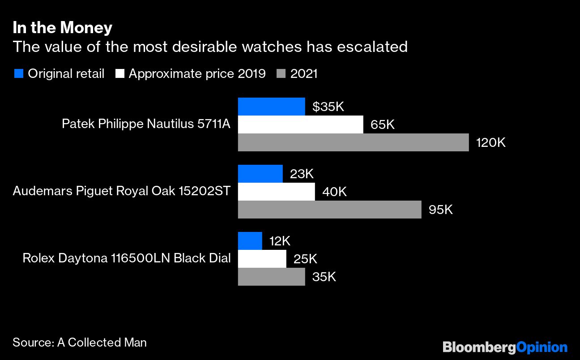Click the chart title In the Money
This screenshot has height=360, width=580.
[x=62, y=28]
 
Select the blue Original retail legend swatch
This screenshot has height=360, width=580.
[x=18, y=73]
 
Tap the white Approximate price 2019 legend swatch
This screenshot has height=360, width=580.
[x=119, y=73]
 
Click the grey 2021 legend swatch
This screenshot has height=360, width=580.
[x=281, y=73]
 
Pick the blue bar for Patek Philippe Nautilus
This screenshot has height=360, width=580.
[x=271, y=107]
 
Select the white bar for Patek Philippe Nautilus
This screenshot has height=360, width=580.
[x=300, y=124]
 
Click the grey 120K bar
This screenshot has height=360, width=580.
[x=353, y=142]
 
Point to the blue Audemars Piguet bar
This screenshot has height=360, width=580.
[x=260, y=174]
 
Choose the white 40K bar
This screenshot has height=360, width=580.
[x=276, y=192]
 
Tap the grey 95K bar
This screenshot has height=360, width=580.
[x=329, y=210]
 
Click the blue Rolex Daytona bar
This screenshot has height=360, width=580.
[x=250, y=241]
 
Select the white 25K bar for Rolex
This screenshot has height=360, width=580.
[x=262, y=259]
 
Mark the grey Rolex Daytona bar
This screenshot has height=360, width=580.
[x=271, y=277]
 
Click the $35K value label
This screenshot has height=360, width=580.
[x=328, y=107]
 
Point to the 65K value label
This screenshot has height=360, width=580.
[x=382, y=124]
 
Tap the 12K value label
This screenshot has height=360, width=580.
[x=280, y=241]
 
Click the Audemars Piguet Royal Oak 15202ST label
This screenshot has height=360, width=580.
[x=122, y=191]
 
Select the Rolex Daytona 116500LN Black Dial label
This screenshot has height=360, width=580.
[x=127, y=258]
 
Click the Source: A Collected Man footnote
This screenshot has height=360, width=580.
[x=80, y=343]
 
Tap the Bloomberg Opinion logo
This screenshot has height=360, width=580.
[x=505, y=347]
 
